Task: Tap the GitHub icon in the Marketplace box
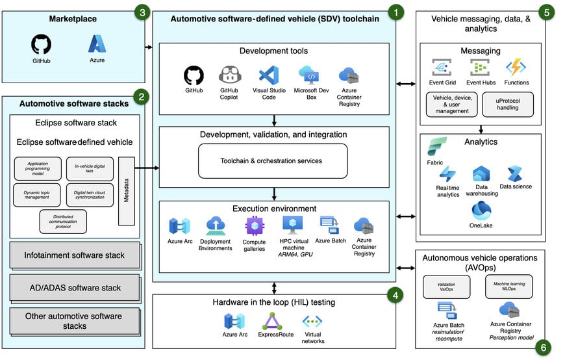coord(41,44)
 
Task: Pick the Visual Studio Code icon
coord(268,75)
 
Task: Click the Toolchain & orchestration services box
coord(273,161)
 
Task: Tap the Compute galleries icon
coord(255,226)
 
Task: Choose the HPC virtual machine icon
coord(293,225)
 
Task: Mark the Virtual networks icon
coord(312,322)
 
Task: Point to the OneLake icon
coord(481,211)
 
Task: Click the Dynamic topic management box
coord(38,195)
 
